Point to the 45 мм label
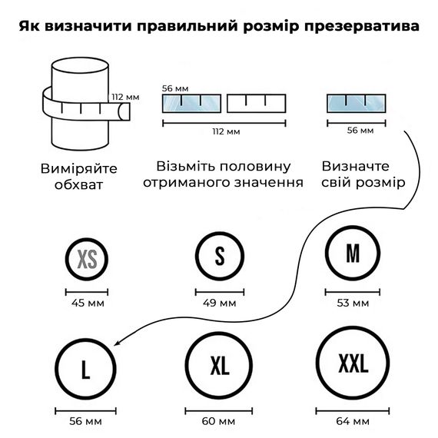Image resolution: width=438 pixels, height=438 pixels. click(88, 303)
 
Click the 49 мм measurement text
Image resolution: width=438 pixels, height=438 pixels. click(220, 303)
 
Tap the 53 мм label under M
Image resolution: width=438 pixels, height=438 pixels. click(353, 303)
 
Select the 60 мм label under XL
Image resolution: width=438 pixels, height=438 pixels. click(218, 421)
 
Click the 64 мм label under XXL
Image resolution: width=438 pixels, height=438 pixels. click(353, 421)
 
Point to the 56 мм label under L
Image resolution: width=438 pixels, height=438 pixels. click(85, 421)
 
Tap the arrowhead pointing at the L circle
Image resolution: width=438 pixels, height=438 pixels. click(117, 343)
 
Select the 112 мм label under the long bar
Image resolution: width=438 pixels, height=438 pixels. click(226, 131)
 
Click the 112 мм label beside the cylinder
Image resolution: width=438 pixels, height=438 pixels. click(125, 98)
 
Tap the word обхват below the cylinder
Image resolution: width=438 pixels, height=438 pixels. click(79, 185)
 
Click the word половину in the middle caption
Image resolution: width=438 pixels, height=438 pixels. click(255, 167)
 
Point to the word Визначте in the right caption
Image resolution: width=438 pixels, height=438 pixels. click(355, 167)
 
